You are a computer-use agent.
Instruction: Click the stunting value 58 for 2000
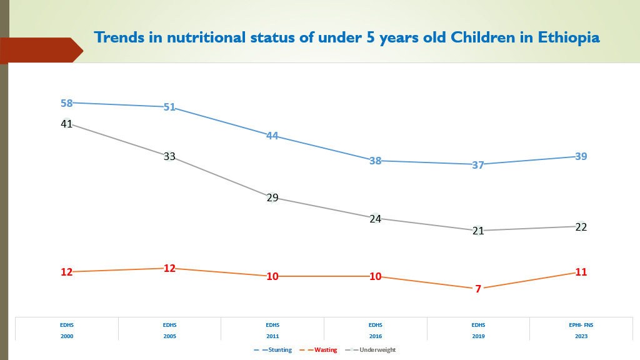coord(67,103)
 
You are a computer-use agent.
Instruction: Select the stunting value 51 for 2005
coord(169,107)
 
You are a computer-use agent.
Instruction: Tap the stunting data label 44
coord(272,136)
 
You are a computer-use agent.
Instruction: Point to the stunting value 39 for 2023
coord(581,156)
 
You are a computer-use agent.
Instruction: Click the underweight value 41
coord(67,124)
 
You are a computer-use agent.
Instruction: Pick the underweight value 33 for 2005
coord(169,157)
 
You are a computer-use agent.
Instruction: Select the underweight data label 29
coord(272,198)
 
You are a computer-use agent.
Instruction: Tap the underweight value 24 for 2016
coord(375,219)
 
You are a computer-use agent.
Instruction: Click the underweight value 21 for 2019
coord(478,231)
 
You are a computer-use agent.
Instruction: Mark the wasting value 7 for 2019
coord(478,289)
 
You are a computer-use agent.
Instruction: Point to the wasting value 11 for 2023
coord(581,272)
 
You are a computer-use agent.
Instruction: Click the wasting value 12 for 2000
coord(67,272)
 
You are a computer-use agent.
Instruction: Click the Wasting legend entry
coord(325,350)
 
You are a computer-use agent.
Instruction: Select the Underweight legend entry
coord(377,350)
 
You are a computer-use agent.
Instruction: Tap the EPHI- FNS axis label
coord(581,325)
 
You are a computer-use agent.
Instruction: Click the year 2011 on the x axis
coord(272,336)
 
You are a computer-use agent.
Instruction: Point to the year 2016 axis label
coord(375,336)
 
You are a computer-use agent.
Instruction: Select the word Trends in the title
coord(117,37)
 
